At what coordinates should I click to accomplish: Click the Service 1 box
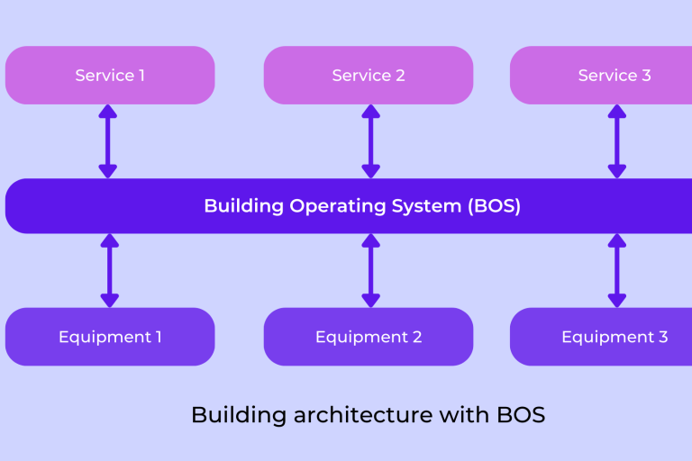(110, 76)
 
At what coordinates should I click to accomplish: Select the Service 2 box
(369, 76)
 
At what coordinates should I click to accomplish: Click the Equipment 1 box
(110, 337)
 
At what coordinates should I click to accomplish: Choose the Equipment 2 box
(369, 337)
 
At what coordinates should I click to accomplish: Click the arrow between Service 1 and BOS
(108, 140)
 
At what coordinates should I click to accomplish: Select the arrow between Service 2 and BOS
(370, 140)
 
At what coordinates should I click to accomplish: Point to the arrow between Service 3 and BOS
(617, 140)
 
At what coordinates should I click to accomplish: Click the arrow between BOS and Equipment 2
(370, 271)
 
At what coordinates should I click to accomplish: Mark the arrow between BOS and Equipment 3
(617, 271)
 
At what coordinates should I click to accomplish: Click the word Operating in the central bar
(330, 206)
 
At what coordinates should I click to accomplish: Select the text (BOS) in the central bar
(494, 206)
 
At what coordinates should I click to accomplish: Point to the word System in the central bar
(421, 206)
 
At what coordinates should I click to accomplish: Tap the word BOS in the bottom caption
(521, 415)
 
